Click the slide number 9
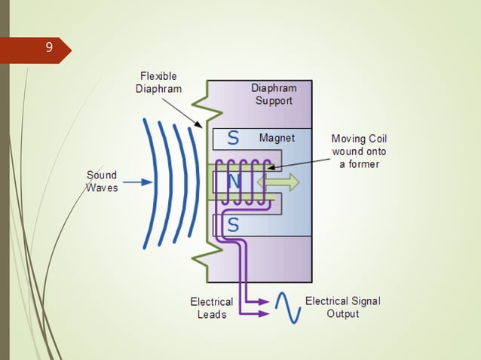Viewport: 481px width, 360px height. click(x=49, y=48)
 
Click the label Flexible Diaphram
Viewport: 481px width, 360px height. click(x=158, y=82)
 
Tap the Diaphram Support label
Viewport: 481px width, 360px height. click(x=274, y=94)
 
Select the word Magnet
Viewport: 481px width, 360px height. click(x=277, y=139)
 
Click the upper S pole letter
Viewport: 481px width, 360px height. click(x=233, y=138)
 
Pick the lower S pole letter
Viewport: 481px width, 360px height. click(x=233, y=224)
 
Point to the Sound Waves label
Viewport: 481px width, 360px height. click(x=101, y=182)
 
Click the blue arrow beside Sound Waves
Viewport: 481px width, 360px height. click(x=136, y=182)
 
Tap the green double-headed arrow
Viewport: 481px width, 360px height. click(x=278, y=182)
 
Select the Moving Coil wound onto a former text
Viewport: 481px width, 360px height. click(x=358, y=151)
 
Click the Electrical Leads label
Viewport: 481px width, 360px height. click(x=211, y=308)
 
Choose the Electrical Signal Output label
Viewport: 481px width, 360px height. click(x=342, y=307)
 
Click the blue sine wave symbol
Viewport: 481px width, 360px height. click(x=288, y=307)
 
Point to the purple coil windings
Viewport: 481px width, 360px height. click(x=246, y=182)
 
